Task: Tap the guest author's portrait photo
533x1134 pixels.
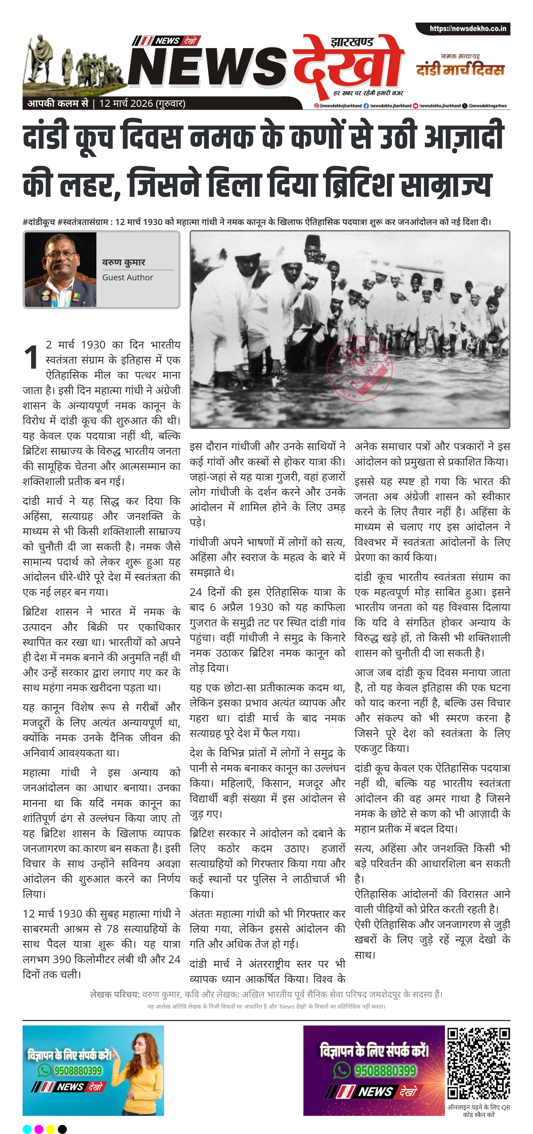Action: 60,269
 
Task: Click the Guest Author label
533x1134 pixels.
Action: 128,277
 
